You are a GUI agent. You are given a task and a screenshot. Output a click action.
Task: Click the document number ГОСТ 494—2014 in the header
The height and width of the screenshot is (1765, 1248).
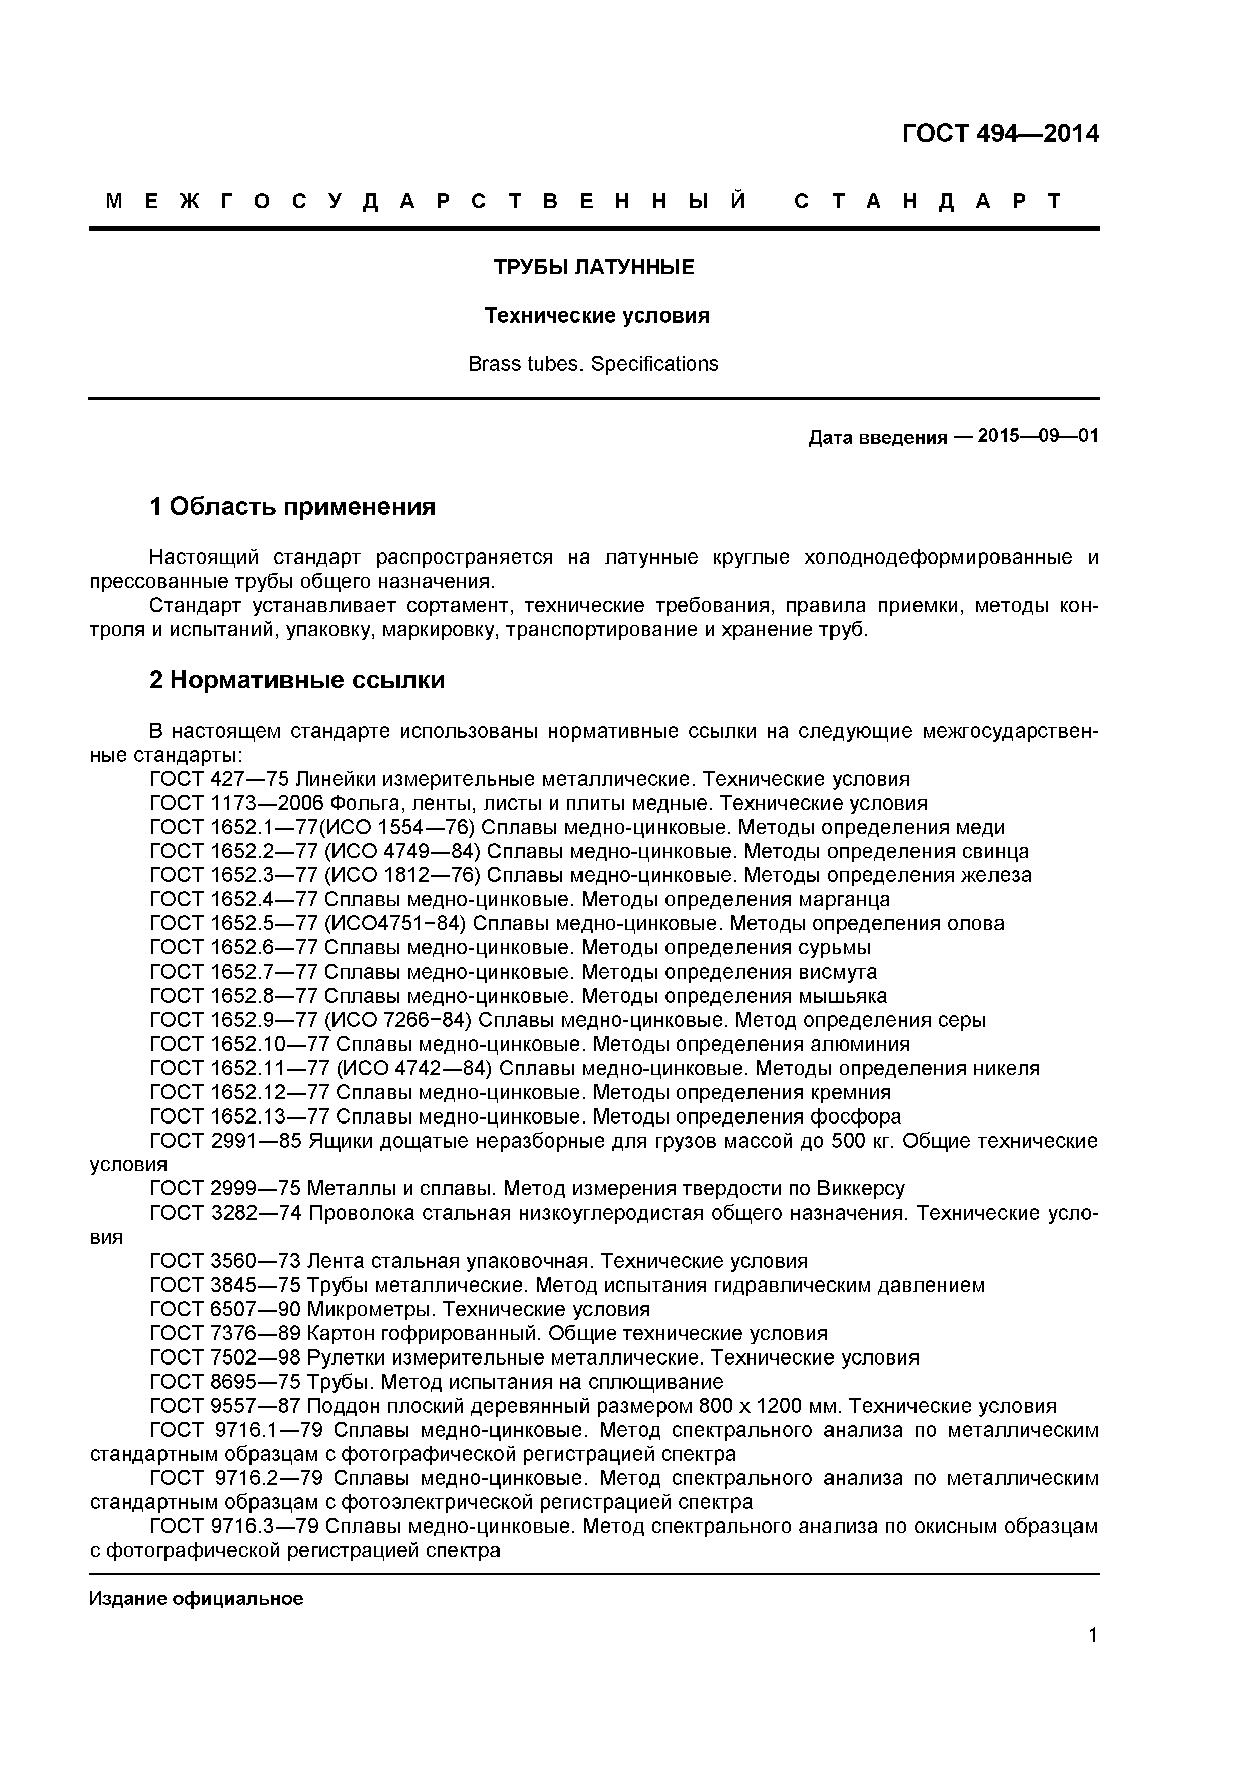pyautogui.click(x=1000, y=134)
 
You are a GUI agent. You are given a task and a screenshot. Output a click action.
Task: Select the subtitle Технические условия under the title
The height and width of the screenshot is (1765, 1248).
pyautogui.click(x=597, y=316)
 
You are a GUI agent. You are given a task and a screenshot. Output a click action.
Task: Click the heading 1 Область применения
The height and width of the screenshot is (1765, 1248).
pyautogui.click(x=292, y=507)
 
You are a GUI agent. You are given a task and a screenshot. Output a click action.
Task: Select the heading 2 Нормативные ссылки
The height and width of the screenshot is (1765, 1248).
pyautogui.click(x=297, y=680)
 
